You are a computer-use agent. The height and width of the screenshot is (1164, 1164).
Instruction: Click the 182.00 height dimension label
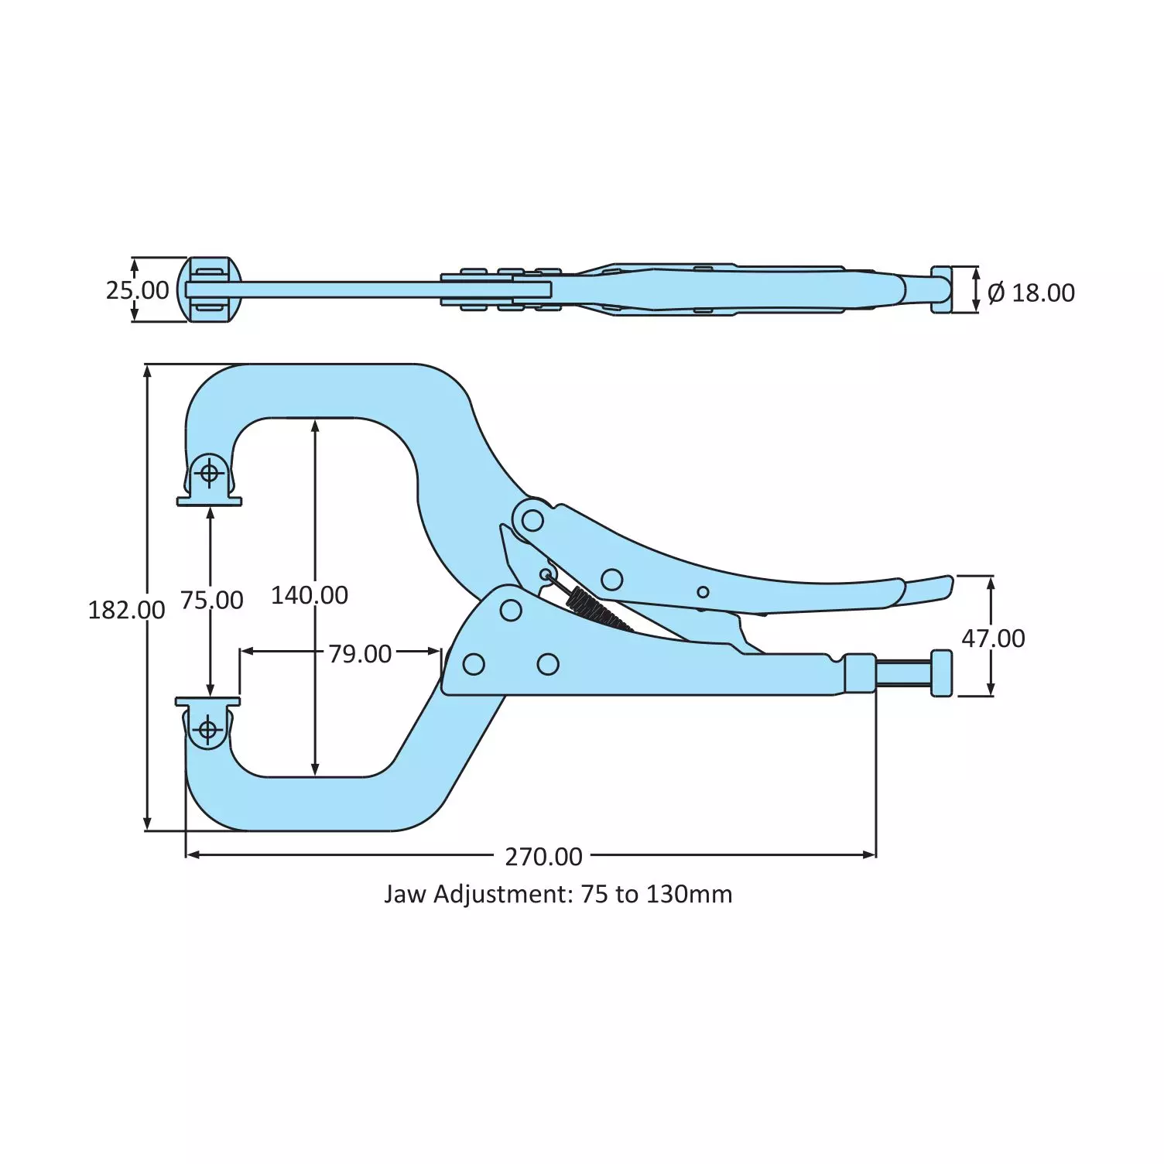[126, 610]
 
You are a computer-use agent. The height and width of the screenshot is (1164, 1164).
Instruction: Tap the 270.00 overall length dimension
[543, 857]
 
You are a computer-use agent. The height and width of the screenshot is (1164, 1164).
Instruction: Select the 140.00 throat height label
[310, 595]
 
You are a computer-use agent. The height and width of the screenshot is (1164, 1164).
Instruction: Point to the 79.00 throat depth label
[360, 654]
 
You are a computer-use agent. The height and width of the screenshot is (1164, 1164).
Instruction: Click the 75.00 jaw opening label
[211, 600]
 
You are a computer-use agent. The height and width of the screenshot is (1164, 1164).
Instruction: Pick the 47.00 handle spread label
[993, 638]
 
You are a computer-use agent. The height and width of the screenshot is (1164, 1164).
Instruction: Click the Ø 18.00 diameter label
[1031, 293]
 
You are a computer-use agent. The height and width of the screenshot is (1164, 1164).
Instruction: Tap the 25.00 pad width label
[137, 290]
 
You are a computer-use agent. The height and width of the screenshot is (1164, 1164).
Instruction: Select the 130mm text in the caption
[689, 895]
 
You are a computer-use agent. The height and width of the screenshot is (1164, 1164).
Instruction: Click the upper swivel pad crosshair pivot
[209, 471]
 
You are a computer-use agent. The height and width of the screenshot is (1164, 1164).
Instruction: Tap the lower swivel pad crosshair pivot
[207, 729]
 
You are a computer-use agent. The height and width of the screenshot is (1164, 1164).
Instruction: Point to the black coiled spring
[599, 608]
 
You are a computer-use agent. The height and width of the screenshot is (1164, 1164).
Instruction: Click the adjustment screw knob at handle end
[941, 673]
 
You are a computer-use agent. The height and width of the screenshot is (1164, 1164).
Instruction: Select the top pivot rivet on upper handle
[532, 520]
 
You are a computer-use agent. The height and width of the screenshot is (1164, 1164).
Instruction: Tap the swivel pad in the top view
[209, 289]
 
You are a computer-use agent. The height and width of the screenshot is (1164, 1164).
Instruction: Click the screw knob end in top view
[941, 289]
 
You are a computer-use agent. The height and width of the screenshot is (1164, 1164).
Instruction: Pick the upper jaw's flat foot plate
[209, 502]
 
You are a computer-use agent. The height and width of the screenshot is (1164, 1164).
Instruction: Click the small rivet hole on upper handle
[703, 592]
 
